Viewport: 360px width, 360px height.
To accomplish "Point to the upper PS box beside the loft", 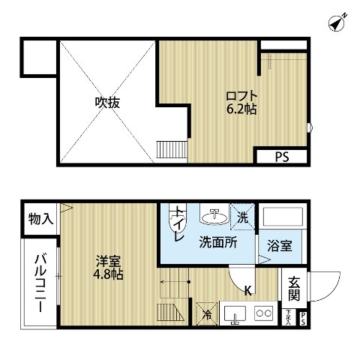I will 280,157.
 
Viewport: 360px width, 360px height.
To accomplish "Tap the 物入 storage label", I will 40,219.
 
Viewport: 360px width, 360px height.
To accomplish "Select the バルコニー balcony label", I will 37,283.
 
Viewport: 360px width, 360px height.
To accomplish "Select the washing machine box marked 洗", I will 242,215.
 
